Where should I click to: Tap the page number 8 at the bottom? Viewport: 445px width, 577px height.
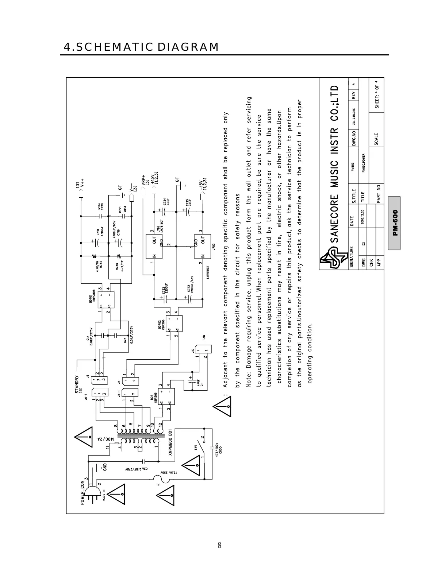point(219,545)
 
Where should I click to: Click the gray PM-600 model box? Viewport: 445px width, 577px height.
point(394,222)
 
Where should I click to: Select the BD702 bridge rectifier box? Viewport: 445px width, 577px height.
point(174,322)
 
